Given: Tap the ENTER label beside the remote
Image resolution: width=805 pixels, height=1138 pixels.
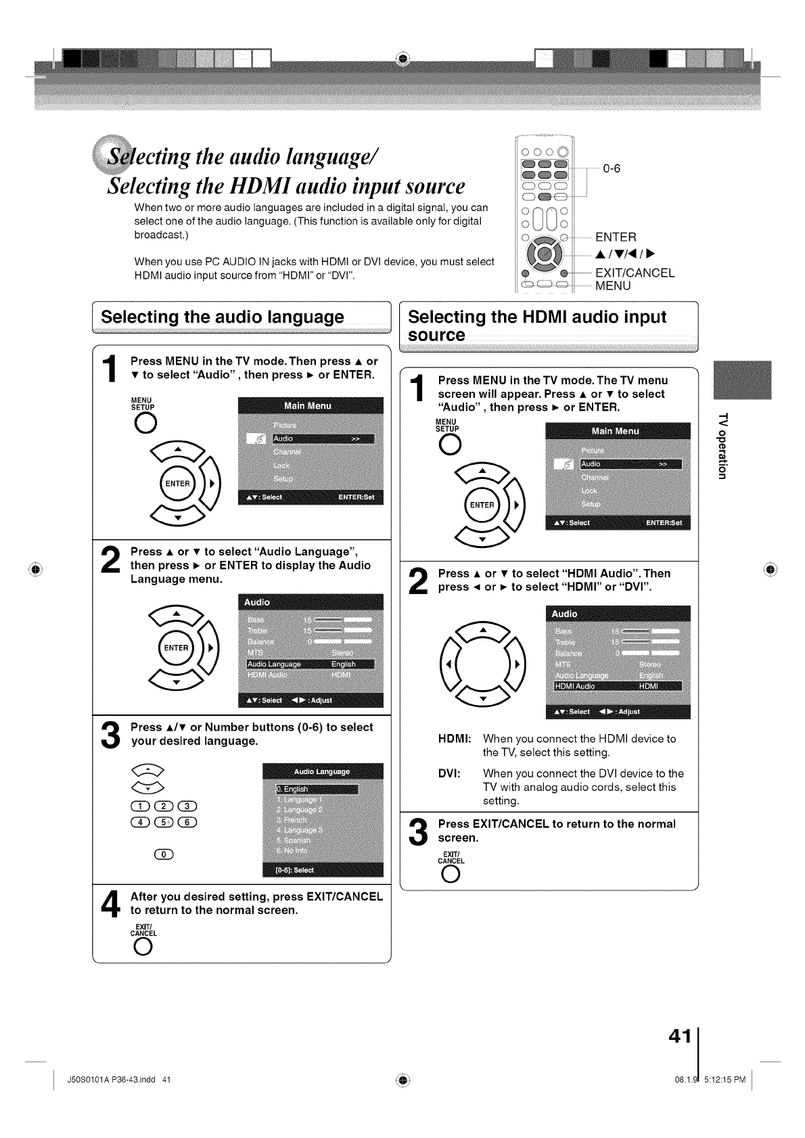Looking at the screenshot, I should tap(616, 237).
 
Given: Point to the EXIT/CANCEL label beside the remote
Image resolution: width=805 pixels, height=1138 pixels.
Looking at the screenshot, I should tap(635, 273).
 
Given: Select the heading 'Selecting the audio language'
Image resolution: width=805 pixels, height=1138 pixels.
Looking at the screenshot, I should tap(222, 317).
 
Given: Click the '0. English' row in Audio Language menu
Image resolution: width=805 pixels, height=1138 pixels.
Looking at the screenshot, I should tap(316, 789).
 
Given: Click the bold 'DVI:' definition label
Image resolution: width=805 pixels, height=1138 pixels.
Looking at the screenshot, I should tap(449, 773).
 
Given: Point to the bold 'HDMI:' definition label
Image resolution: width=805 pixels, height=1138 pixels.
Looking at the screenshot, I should tap(454, 739).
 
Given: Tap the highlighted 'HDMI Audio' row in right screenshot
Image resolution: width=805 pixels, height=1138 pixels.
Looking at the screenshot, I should tap(617, 687).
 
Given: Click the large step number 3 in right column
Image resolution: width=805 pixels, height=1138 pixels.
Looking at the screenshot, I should tap(419, 832).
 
